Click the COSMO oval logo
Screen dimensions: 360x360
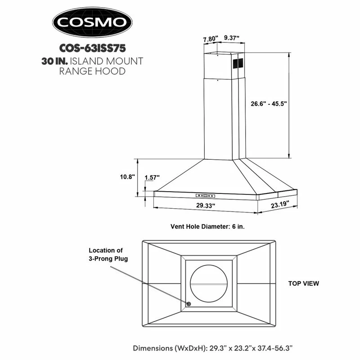92,22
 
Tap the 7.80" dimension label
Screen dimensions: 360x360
210,39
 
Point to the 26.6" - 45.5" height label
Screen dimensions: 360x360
269,103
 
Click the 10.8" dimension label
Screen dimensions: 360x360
127,177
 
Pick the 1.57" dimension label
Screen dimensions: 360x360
152,178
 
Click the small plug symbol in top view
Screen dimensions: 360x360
188,305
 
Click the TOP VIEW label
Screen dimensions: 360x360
303,283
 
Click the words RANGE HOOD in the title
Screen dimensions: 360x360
92,71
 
